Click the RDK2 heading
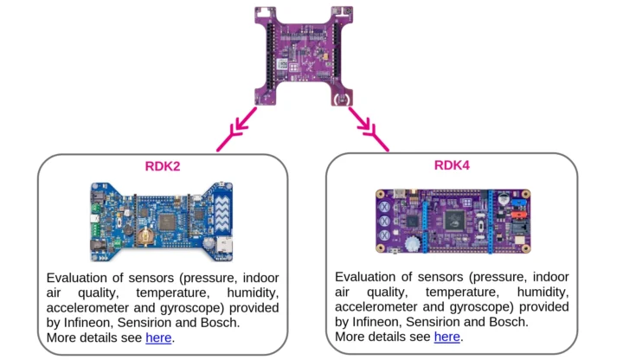coord(164,165)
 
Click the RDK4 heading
coord(452,165)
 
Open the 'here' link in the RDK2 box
coord(158,337)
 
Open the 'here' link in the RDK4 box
coord(446,337)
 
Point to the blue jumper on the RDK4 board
coord(504,208)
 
